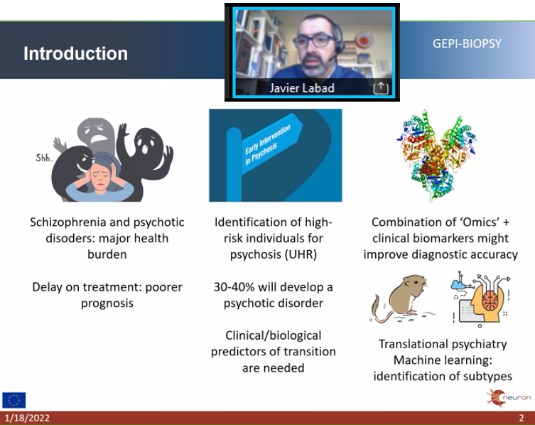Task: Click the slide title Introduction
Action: click(75, 54)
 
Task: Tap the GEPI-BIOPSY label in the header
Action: click(467, 44)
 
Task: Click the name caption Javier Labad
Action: click(301, 88)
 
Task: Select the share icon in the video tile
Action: click(381, 88)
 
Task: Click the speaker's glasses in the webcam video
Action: click(313, 40)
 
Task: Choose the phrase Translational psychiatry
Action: click(443, 344)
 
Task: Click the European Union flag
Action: click(14, 400)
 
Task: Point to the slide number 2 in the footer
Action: click(522, 418)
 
